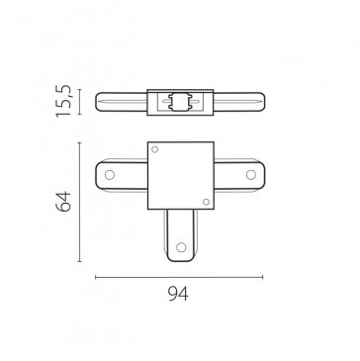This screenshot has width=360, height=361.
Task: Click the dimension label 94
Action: (178, 294)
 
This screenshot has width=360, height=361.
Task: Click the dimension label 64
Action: (63, 201)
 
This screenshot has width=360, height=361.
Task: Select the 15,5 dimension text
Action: (63, 101)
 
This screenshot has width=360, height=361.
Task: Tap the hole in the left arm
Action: (110, 175)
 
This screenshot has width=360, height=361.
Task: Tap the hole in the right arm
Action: (251, 175)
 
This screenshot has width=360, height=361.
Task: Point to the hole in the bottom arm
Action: (181, 247)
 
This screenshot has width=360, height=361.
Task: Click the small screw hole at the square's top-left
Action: (154, 149)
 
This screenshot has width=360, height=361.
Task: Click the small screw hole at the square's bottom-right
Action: (206, 202)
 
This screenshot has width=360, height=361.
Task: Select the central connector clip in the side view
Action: (180, 102)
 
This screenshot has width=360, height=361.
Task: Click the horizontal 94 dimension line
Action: (179, 277)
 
